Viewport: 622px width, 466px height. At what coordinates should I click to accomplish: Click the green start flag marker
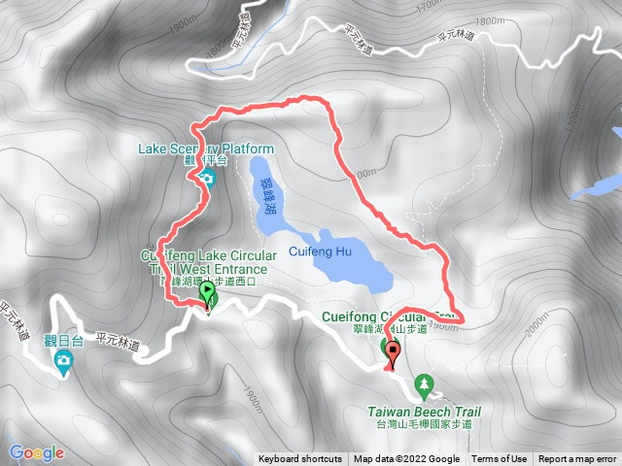(x=208, y=292)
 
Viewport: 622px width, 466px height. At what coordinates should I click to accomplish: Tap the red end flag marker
(x=393, y=351)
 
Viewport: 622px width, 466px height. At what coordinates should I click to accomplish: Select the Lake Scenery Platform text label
(x=206, y=149)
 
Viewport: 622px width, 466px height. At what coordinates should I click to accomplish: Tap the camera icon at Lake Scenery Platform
(x=207, y=179)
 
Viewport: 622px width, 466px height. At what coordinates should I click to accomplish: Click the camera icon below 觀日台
(x=64, y=362)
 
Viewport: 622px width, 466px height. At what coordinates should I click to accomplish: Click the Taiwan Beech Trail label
(x=425, y=411)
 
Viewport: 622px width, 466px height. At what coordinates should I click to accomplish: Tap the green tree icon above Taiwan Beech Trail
(x=425, y=386)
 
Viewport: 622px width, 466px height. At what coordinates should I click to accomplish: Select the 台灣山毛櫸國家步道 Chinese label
(x=425, y=424)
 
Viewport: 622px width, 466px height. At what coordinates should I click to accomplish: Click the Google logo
(x=36, y=452)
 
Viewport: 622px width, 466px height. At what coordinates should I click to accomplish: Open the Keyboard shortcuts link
(x=299, y=459)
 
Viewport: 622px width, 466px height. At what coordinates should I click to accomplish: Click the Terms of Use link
(x=500, y=459)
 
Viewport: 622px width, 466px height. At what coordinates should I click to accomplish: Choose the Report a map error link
(x=578, y=459)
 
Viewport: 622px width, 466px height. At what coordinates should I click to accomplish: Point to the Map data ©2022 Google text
(x=406, y=459)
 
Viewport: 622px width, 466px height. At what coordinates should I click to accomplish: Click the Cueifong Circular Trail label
(x=389, y=316)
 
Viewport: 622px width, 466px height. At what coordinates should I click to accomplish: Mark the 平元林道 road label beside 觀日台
(x=118, y=341)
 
